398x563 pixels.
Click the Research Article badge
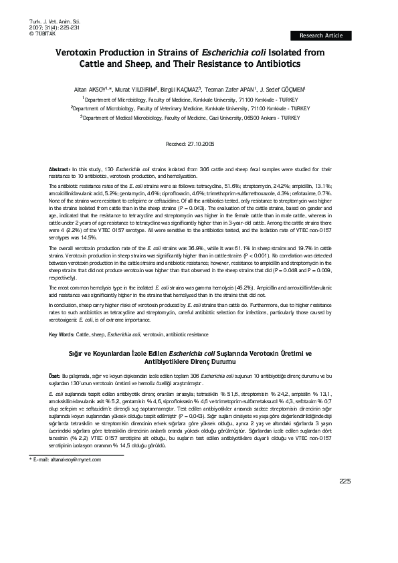click(320, 35)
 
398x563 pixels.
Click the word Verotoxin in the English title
click(80, 51)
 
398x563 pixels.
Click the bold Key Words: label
click(62, 334)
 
